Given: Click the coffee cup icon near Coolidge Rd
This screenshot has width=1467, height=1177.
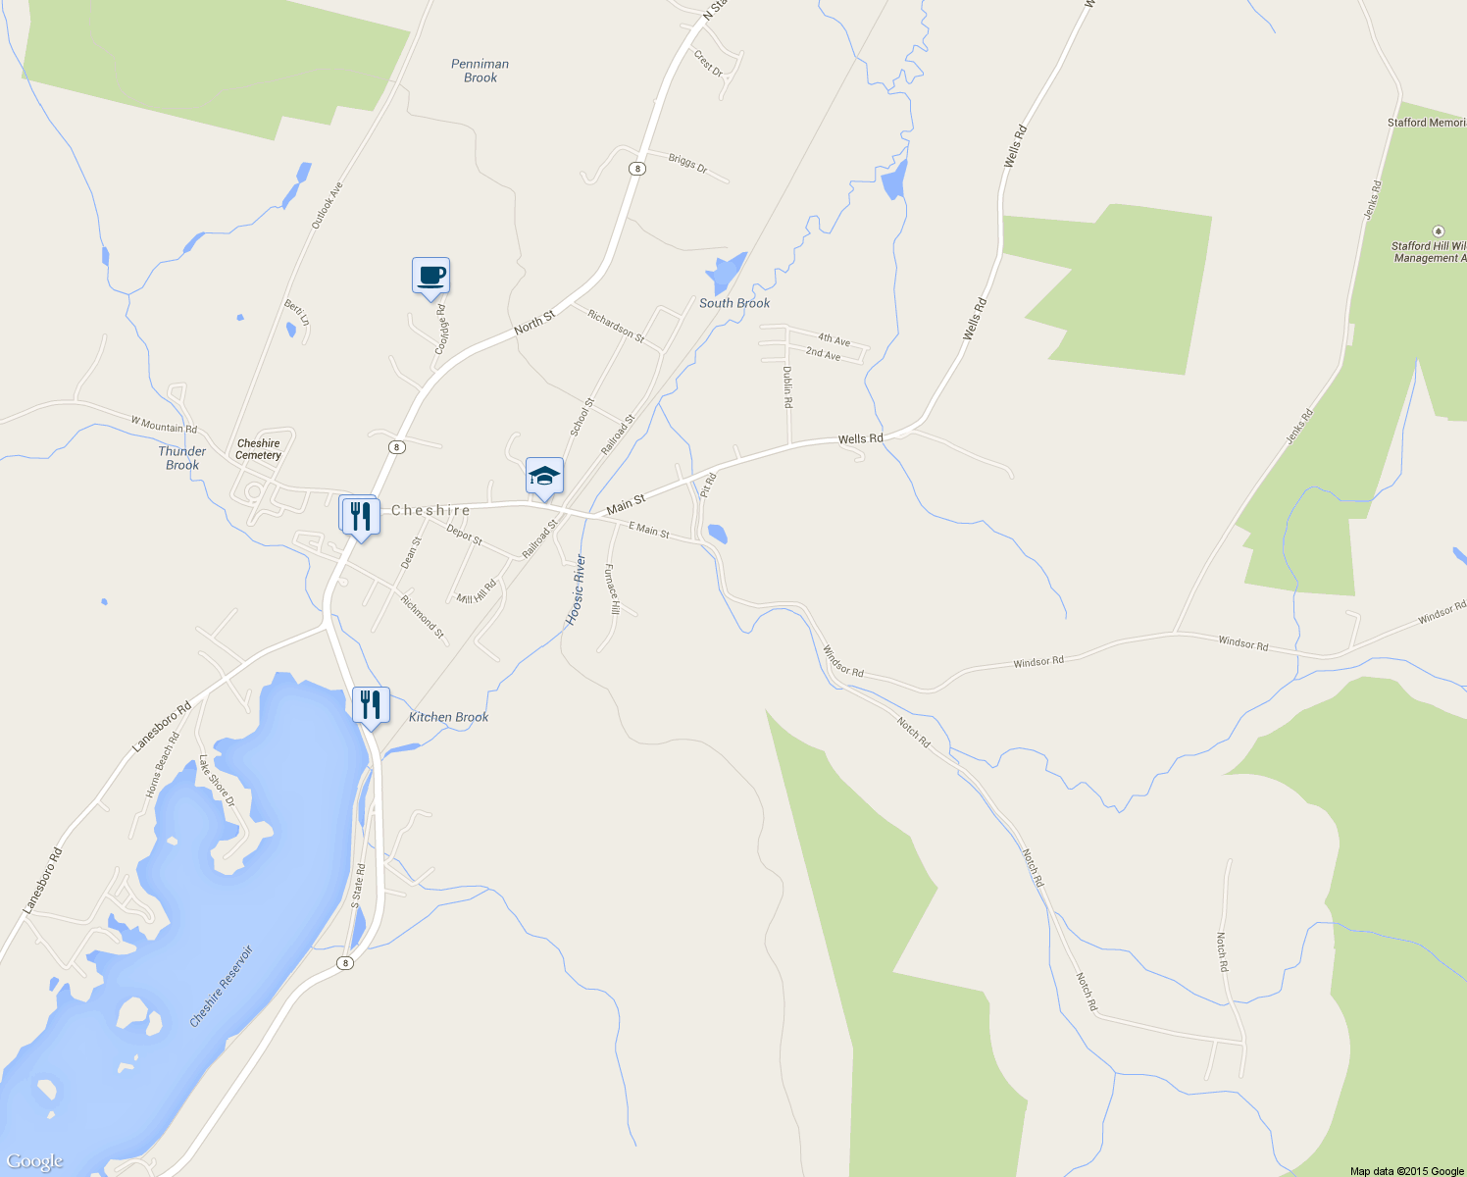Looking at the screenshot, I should click(430, 276).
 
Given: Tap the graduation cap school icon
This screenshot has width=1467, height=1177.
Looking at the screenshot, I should click(544, 477).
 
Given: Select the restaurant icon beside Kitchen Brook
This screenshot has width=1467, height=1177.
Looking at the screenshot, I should click(371, 705).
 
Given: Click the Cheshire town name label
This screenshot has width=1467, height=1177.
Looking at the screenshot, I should click(430, 510).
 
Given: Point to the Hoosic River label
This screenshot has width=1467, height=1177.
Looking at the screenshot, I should click(577, 589).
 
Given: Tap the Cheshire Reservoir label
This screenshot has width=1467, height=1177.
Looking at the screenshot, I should click(221, 986).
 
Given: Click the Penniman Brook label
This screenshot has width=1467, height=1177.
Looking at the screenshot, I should click(481, 71).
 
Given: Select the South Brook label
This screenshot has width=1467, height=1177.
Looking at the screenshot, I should click(734, 303).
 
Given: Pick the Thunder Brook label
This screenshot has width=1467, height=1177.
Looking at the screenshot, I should click(182, 458).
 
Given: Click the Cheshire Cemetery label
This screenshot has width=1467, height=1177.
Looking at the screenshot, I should click(259, 449).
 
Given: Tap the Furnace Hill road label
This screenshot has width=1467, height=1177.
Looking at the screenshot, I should click(612, 588).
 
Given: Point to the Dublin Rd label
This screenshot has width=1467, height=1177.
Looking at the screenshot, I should click(787, 386).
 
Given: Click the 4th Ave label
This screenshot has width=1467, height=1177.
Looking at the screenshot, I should click(834, 339).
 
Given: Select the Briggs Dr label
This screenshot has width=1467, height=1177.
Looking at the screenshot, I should click(687, 163).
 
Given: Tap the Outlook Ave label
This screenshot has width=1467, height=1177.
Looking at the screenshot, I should click(328, 205).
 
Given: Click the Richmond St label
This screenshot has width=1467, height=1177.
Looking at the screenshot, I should click(423, 617).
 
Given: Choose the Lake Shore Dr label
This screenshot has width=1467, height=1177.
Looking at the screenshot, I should click(217, 781).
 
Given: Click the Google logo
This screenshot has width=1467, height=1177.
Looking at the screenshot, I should click(34, 1161).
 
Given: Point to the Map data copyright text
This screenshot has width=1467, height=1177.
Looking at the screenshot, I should click(1406, 1171).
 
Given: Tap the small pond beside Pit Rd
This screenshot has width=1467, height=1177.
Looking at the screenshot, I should click(717, 534).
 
